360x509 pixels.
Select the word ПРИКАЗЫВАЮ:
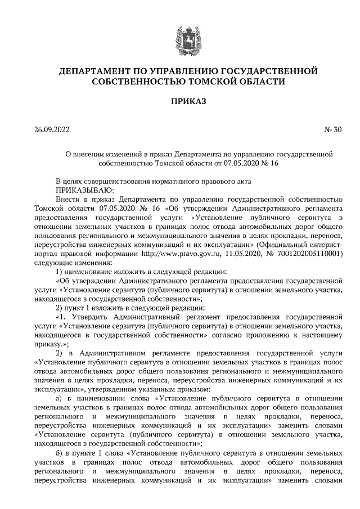pos(83,191)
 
